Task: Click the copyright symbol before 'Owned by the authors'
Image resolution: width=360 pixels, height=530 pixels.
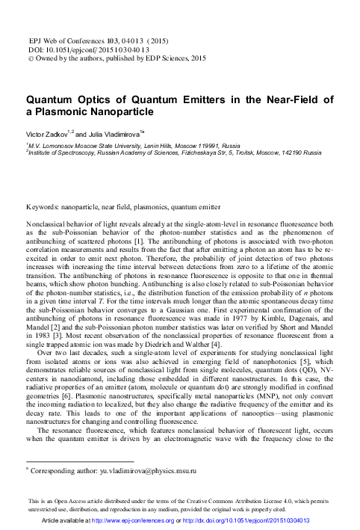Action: coord(31,56)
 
